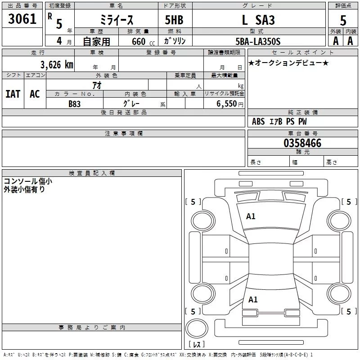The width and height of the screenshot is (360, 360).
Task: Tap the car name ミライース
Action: [116, 20]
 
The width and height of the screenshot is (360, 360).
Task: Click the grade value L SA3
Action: [258, 20]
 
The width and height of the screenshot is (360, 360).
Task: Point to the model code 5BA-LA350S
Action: [258, 41]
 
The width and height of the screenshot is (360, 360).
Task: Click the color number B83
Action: [75, 103]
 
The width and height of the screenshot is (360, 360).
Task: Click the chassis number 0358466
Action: [302, 144]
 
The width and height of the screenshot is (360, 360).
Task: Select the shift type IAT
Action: [13, 94]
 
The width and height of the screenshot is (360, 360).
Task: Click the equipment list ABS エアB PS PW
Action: [281, 121]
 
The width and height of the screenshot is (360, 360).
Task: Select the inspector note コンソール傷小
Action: [28, 181]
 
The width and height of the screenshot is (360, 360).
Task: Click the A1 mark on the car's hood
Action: [251, 216]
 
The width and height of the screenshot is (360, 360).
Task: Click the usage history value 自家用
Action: [96, 42]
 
